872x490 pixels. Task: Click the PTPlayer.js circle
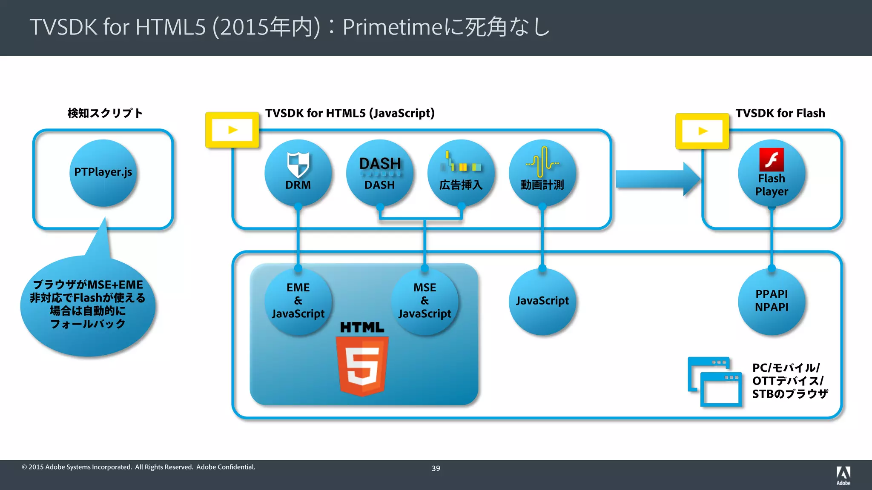click(103, 173)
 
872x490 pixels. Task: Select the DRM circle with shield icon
click(298, 173)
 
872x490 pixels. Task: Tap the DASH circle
click(380, 173)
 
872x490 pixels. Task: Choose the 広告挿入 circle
click(461, 173)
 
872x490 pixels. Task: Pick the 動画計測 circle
click(542, 173)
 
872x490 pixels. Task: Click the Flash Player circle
click(772, 174)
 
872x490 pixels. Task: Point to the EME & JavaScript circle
click(298, 301)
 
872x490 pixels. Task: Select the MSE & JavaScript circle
click(425, 301)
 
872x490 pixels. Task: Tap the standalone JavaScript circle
click(542, 301)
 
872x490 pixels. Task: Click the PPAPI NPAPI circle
click(772, 301)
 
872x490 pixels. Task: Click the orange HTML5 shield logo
click(362, 365)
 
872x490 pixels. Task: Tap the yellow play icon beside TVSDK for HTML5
click(232, 130)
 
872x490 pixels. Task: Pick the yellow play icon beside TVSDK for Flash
click(703, 131)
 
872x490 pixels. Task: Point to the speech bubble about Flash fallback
click(88, 305)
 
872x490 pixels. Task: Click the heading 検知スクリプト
click(105, 113)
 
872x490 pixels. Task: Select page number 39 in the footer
click(436, 468)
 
